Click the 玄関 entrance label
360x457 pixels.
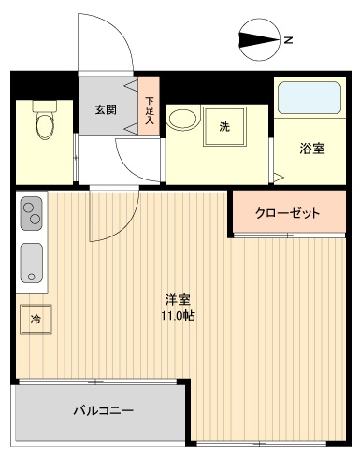(x=105, y=109)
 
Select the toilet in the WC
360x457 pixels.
(x=43, y=121)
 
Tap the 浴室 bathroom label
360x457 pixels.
(x=311, y=148)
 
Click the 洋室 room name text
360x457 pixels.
(x=179, y=300)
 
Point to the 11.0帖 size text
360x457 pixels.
(x=179, y=316)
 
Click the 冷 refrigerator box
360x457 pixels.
(x=36, y=320)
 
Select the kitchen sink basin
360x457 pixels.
(x=31, y=260)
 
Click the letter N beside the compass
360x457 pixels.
(x=290, y=40)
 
